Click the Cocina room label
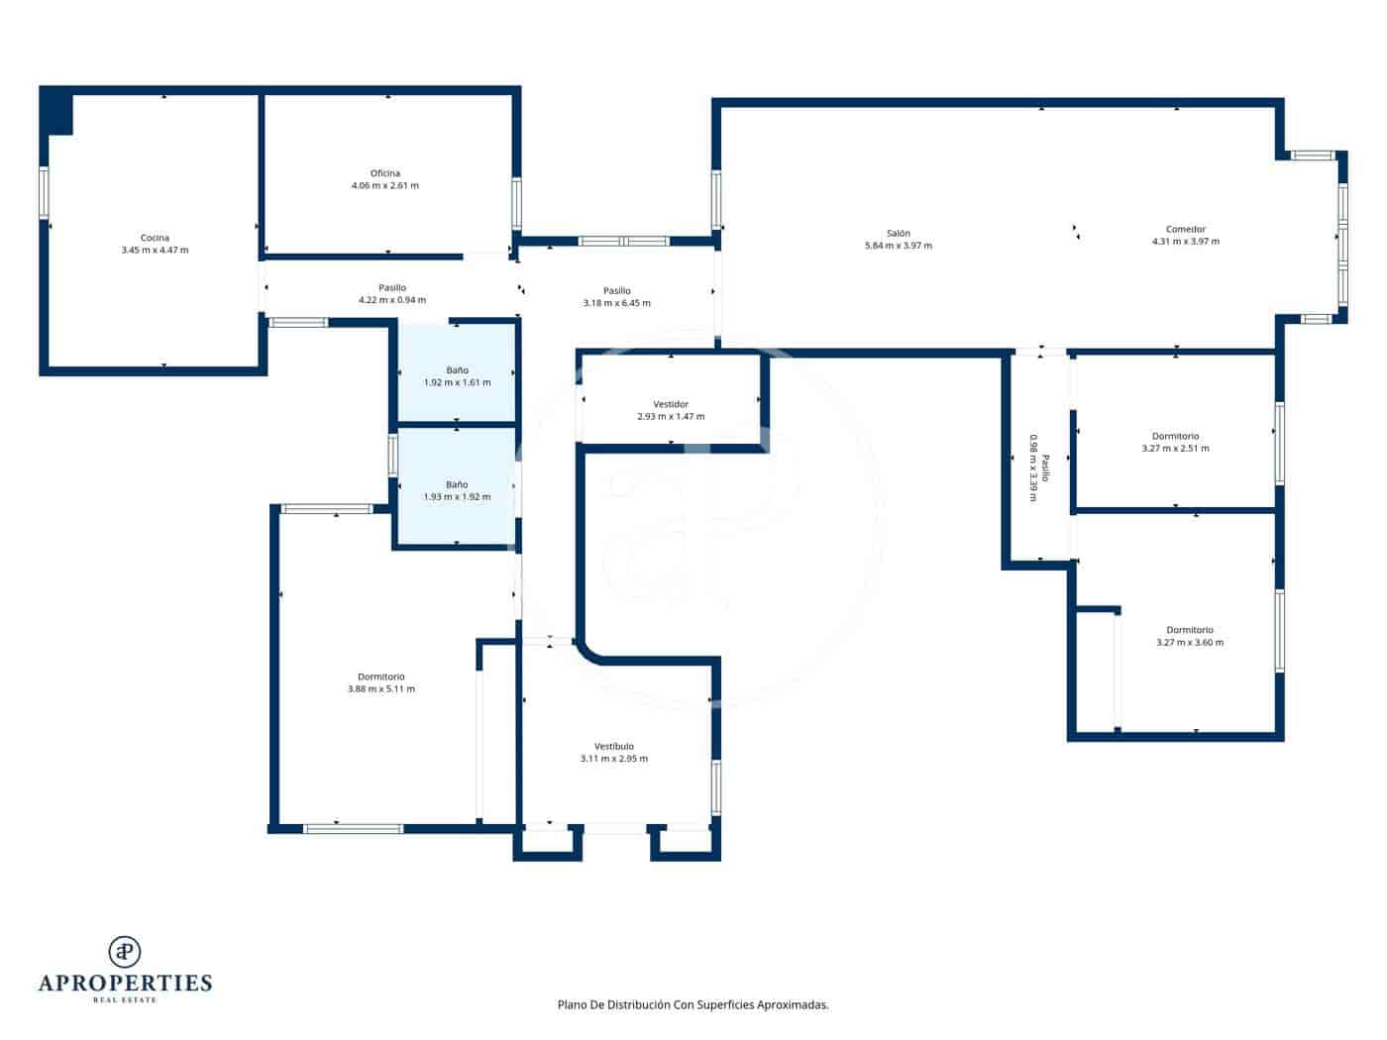coord(155,238)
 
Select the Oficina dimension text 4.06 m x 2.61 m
coord(384,185)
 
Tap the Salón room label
coord(898,233)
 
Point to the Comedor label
coord(1185,229)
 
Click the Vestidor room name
coord(671,404)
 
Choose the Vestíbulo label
coord(613,746)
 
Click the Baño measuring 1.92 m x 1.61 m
coord(457,376)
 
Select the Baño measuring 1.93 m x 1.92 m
coord(457,490)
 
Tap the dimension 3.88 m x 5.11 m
coord(381,688)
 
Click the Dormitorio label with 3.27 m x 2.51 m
coord(1175,436)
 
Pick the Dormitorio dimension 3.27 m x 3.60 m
coord(1189,642)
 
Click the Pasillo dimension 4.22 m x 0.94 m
coord(391,299)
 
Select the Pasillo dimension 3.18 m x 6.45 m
coord(616,303)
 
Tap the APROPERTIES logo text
coord(125,984)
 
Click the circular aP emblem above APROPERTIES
coord(125,951)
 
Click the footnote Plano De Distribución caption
coord(693,1004)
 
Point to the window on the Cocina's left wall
coord(44,193)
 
